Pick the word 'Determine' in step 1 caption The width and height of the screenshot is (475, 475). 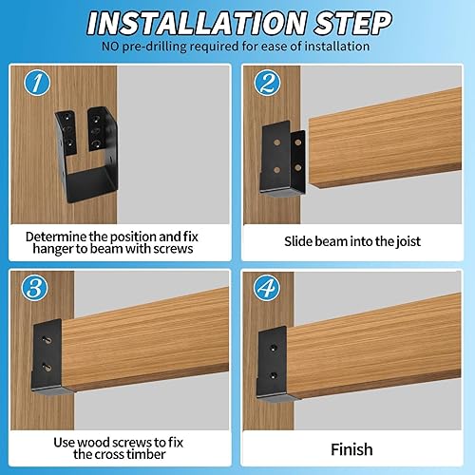(x=58, y=236)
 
